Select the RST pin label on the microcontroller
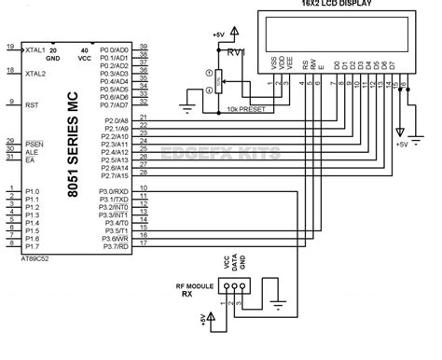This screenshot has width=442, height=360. (34, 105)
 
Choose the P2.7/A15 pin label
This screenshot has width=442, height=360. (116, 174)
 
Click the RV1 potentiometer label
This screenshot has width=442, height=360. (235, 53)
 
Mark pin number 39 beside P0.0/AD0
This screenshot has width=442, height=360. (143, 46)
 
